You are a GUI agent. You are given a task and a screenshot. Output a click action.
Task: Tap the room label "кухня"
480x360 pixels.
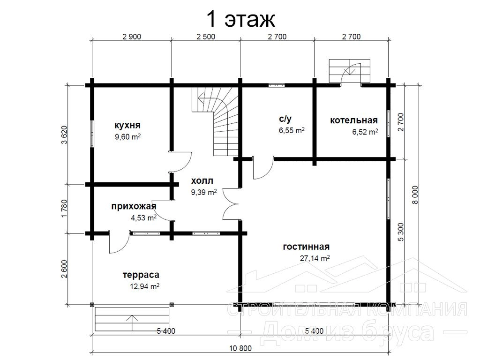click(127, 125)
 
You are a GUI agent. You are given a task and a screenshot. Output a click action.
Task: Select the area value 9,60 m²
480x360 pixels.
click(127, 137)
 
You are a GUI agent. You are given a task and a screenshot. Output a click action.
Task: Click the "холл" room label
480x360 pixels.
click(202, 180)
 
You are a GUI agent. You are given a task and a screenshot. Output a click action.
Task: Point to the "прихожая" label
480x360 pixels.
click(134, 206)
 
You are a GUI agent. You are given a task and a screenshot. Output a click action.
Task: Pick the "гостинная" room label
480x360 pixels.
click(306, 247)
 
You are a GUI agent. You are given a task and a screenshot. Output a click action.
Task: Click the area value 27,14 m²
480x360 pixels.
click(315, 258)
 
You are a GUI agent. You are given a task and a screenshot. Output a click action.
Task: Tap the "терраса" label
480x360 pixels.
click(141, 275)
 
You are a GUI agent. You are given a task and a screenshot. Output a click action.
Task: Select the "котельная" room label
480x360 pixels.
click(353, 120)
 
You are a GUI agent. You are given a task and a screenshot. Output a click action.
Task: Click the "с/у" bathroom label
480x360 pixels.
click(285, 119)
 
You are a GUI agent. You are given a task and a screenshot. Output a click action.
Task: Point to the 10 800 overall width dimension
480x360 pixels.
click(240, 348)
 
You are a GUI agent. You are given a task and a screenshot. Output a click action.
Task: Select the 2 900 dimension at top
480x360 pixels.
click(132, 37)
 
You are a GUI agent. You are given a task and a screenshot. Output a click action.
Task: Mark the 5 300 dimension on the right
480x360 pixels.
click(401, 232)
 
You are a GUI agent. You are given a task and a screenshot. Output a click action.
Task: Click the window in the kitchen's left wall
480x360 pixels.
click(92, 134)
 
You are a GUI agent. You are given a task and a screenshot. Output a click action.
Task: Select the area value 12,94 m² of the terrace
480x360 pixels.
click(144, 286)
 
